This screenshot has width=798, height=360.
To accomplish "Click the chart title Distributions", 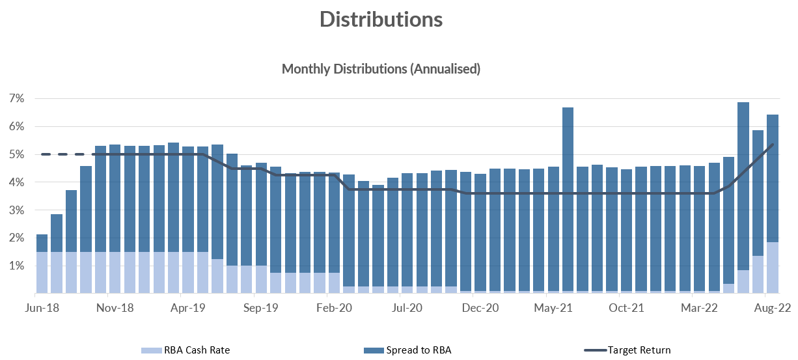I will [x=381, y=20].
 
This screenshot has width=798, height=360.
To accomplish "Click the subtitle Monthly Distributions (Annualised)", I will [x=381, y=68].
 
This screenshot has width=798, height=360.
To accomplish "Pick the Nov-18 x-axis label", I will [x=115, y=308].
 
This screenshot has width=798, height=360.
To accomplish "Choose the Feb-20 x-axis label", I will [x=334, y=308].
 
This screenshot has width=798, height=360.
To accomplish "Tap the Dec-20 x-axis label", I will [x=480, y=308].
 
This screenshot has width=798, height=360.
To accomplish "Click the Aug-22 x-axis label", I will [x=772, y=308].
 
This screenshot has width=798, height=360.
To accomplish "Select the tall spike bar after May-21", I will [x=568, y=195].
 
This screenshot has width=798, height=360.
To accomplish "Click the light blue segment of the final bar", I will [x=772, y=268].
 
